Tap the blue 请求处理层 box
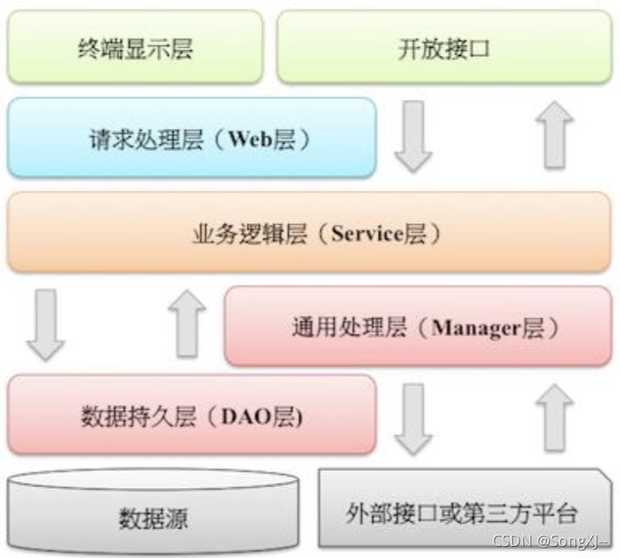point(191,137)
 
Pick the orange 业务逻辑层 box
point(309,232)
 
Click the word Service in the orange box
point(368,234)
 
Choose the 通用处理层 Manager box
point(418,326)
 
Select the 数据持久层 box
point(191,415)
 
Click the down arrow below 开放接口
point(413,135)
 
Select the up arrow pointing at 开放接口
point(555,135)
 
